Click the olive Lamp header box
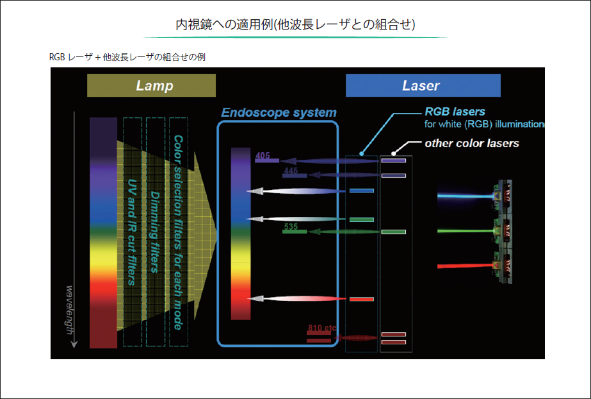(x=151, y=85)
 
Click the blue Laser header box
(x=423, y=85)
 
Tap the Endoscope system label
(x=279, y=113)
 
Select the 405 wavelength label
(x=263, y=155)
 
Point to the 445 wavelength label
(x=291, y=171)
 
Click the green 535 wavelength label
(x=291, y=226)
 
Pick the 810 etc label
(x=321, y=328)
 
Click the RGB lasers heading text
(x=455, y=112)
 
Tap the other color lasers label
(x=472, y=143)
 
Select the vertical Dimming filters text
(x=155, y=231)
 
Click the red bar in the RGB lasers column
(x=361, y=299)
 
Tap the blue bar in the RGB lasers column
(x=361, y=191)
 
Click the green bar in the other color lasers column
(x=394, y=231)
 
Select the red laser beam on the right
(x=464, y=265)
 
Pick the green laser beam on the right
(x=464, y=229)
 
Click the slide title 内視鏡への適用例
(x=296, y=25)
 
